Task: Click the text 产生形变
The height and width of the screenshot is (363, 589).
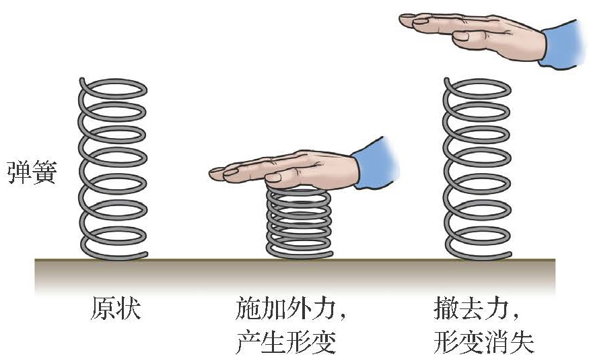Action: tap(286, 343)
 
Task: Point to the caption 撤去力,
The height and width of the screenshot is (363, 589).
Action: tap(475, 309)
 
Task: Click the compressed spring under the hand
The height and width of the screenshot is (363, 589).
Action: tap(299, 222)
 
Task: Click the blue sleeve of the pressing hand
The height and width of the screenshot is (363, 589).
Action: tap(374, 163)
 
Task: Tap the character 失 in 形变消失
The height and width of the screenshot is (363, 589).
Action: tap(523, 343)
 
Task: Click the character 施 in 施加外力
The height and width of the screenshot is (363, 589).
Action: tap(248, 309)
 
